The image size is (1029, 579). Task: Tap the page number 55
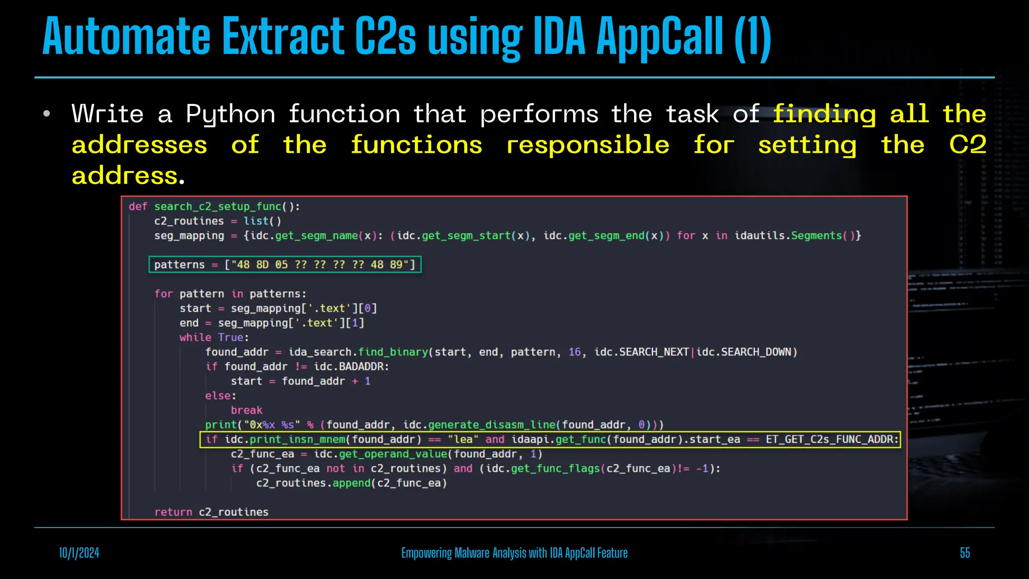(x=965, y=553)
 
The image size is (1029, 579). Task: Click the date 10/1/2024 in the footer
(x=79, y=553)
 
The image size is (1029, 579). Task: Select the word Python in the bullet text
(x=231, y=115)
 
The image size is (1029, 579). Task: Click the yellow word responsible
(x=588, y=145)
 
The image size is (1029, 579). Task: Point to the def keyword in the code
(x=138, y=207)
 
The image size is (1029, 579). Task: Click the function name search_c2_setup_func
(x=218, y=207)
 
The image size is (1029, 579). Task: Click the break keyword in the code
(x=246, y=411)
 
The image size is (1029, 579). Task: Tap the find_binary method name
(x=393, y=352)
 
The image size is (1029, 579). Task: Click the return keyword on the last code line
(x=173, y=512)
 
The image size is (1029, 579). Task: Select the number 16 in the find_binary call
(x=574, y=352)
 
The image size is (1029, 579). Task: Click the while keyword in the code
(x=195, y=338)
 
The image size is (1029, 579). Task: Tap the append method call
(x=351, y=484)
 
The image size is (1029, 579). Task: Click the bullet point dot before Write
(x=47, y=114)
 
